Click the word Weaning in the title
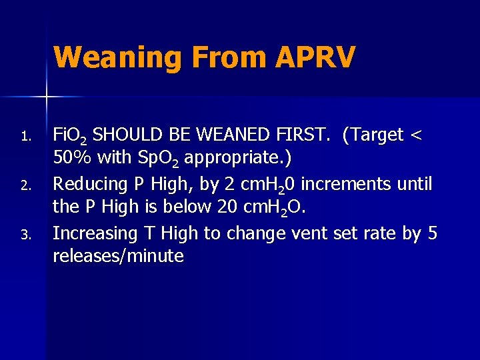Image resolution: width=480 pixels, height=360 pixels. click(117, 57)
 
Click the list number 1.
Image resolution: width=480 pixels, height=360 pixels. click(25, 137)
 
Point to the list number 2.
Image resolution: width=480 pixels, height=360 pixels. click(25, 185)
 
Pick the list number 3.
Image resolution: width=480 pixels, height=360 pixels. click(25, 234)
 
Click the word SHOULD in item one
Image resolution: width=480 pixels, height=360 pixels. click(124, 135)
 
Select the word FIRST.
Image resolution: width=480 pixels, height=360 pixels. click(304, 135)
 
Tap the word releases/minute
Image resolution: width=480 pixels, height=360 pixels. click(118, 257)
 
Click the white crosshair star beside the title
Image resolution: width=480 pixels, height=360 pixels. click(47, 98)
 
